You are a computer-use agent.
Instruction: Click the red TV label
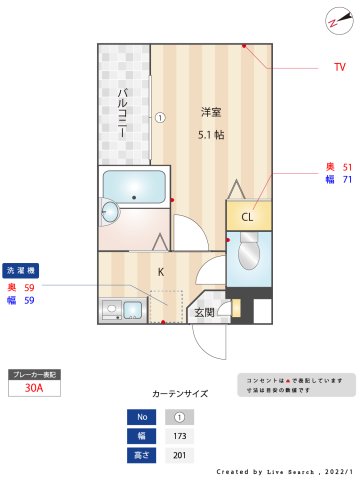(x=340, y=68)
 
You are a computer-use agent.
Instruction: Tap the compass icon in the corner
(x=334, y=18)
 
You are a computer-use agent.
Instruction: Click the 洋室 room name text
(x=210, y=111)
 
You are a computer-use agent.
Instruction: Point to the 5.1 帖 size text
(x=210, y=133)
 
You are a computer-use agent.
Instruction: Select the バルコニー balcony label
(x=122, y=112)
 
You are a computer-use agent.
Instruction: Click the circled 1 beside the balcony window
(x=159, y=116)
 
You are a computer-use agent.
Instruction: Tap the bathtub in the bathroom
(x=134, y=185)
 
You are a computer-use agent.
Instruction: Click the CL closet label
(x=247, y=217)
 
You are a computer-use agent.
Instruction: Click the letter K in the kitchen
(x=160, y=271)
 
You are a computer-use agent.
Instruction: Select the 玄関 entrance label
(x=204, y=312)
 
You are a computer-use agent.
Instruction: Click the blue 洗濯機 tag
(x=21, y=271)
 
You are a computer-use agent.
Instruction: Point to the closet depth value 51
(x=347, y=167)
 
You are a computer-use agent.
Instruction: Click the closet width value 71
(x=347, y=180)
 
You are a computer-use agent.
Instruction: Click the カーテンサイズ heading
(x=180, y=394)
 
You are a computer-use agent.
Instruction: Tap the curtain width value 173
(x=180, y=436)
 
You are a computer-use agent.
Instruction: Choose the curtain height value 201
(x=180, y=456)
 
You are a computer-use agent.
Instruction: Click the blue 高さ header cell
(x=142, y=456)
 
